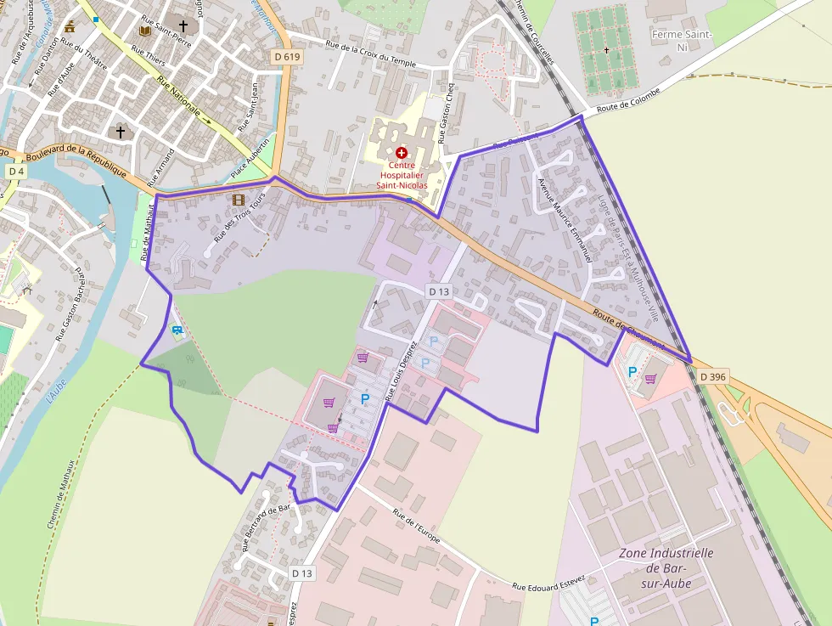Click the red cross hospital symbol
click(x=401, y=152)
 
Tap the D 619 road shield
click(x=288, y=57)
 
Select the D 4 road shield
click(x=15, y=172)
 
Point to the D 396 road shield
click(x=714, y=376)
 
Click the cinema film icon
click(x=238, y=200)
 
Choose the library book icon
click(x=143, y=31)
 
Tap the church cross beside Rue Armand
click(x=121, y=132)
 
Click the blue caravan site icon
click(x=177, y=329)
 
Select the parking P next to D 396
click(x=632, y=371)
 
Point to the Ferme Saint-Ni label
click(x=682, y=40)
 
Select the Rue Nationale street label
click(x=178, y=97)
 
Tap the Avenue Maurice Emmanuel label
click(x=564, y=218)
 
